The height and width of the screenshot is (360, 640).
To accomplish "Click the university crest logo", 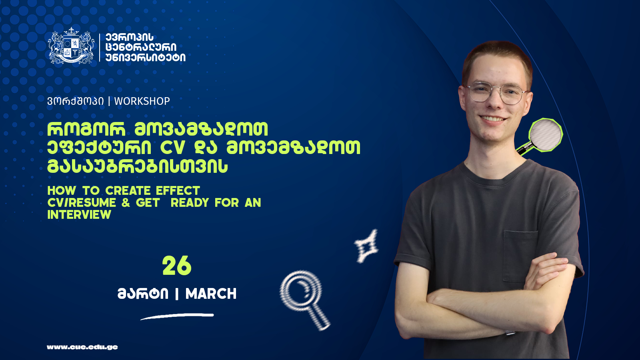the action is point(71,46).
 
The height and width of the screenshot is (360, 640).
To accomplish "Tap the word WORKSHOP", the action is point(142,101).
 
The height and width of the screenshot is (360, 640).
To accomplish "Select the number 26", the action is point(177,266).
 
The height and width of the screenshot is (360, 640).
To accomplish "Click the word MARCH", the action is point(211,294).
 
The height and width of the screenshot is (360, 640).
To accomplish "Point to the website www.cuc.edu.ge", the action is point(82,347).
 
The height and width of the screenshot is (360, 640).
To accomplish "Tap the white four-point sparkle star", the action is point(366,246).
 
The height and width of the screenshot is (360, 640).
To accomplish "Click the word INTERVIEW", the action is point(79,214).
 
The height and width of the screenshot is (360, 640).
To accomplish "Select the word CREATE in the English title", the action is point(128,190).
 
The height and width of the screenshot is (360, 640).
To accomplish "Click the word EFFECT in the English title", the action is point(178,190).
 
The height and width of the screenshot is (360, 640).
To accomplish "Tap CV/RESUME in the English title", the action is point(82,202).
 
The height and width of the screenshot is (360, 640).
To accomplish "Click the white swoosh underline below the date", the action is point(177,316).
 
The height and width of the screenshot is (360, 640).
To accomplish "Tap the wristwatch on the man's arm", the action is point(510,332).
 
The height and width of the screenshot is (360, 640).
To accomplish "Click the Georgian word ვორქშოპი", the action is point(76,101).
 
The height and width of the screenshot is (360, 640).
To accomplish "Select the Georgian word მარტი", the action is point(143,294).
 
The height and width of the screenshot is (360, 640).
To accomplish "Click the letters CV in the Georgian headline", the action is point(172,148).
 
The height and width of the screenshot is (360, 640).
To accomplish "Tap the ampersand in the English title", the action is point(126,202).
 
